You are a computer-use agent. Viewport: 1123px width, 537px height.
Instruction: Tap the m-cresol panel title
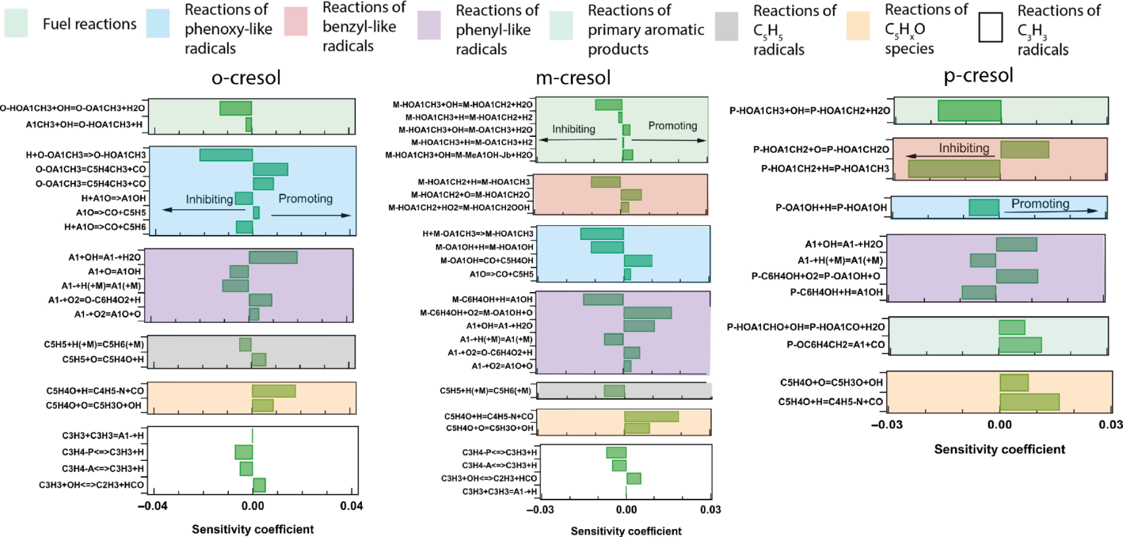coord(573,78)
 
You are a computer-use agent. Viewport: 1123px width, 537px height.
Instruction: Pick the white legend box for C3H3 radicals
coord(990,27)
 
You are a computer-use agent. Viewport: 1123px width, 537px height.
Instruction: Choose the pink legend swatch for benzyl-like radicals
coord(296,21)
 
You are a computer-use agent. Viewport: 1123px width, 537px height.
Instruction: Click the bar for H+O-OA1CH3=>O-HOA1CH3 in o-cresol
coord(226,155)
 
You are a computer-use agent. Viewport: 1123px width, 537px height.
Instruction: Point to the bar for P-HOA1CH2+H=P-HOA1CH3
coord(954,169)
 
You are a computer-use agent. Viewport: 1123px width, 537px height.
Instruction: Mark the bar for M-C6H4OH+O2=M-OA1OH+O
coord(647,313)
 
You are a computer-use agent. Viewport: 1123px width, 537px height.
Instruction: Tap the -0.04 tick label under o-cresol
coord(153,506)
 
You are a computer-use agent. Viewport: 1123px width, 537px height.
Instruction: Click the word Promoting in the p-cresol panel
coord(1040,204)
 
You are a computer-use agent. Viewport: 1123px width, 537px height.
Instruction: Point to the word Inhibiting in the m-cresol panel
coord(573,129)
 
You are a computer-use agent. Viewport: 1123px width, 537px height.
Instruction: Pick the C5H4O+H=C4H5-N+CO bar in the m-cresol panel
coord(651,416)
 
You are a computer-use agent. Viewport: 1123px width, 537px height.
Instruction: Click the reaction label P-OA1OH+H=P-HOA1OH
coord(831,208)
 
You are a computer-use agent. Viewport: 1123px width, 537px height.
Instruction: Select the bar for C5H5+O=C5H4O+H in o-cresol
coord(259,359)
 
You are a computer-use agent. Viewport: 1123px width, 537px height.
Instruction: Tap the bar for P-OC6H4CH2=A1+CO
coord(1020,345)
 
